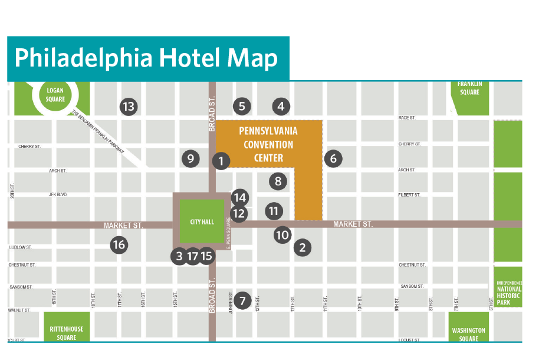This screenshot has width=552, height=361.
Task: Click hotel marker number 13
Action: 128,107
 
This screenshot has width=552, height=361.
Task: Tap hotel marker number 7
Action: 242,300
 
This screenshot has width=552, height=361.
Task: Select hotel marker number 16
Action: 119,244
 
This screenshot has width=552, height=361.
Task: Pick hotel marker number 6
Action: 333,158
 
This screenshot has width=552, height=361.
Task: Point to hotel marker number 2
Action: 303,247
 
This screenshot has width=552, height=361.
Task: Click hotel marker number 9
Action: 190,158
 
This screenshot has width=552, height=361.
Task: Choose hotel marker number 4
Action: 281,107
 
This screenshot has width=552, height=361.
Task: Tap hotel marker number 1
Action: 221,160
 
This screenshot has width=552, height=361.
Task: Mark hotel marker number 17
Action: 192,256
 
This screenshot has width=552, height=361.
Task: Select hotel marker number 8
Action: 278,181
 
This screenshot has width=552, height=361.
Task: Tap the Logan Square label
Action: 55,95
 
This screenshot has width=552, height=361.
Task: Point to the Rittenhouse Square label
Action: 66,333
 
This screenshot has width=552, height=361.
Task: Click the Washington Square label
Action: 469,334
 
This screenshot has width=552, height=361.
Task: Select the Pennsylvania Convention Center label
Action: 268,144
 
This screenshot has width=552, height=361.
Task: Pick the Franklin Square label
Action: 469,88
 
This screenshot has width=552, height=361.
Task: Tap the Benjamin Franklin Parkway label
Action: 98,133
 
